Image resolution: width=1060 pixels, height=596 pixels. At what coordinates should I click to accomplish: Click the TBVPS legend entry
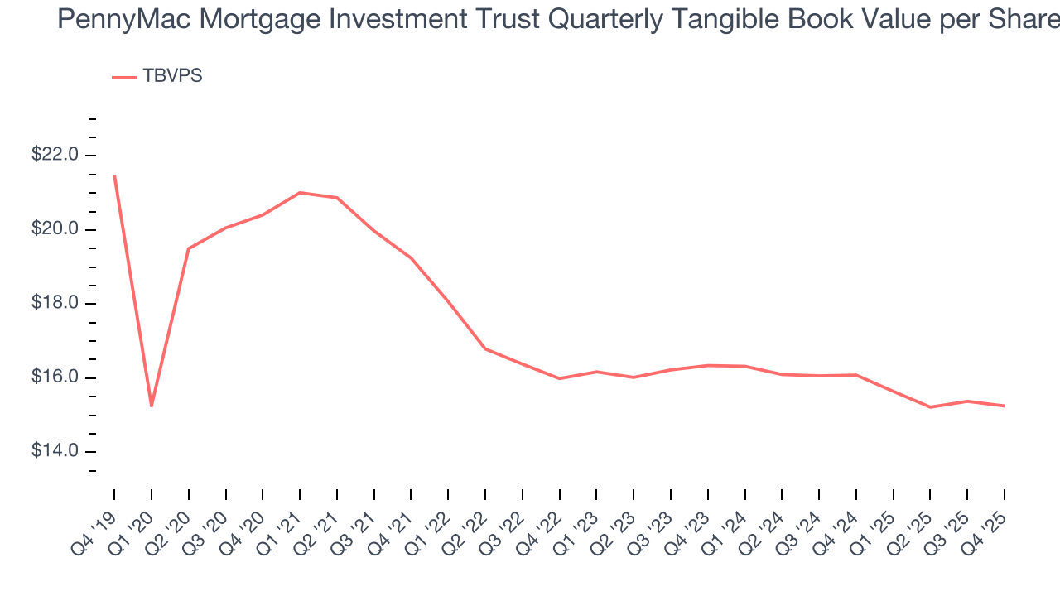click(157, 76)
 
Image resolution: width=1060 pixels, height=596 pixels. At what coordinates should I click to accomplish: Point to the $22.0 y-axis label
click(56, 155)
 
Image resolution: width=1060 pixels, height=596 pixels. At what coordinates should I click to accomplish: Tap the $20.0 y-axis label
click(56, 229)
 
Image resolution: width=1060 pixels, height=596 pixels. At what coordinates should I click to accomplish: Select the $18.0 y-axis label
click(56, 304)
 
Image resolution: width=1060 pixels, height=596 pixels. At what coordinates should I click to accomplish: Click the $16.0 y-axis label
click(56, 377)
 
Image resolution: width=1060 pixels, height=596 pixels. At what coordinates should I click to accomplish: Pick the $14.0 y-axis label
click(56, 452)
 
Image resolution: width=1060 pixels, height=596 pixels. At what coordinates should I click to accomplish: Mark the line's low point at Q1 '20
click(151, 406)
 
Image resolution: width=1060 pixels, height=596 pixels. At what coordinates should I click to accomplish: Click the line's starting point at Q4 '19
click(114, 176)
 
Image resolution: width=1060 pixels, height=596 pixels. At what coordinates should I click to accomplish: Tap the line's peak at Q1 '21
click(299, 192)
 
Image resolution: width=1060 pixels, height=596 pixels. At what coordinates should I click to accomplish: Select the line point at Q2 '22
click(485, 348)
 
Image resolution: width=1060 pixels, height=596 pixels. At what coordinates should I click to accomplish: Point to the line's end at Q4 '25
click(1004, 406)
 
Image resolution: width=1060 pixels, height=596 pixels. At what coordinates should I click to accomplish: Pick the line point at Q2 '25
click(930, 407)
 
